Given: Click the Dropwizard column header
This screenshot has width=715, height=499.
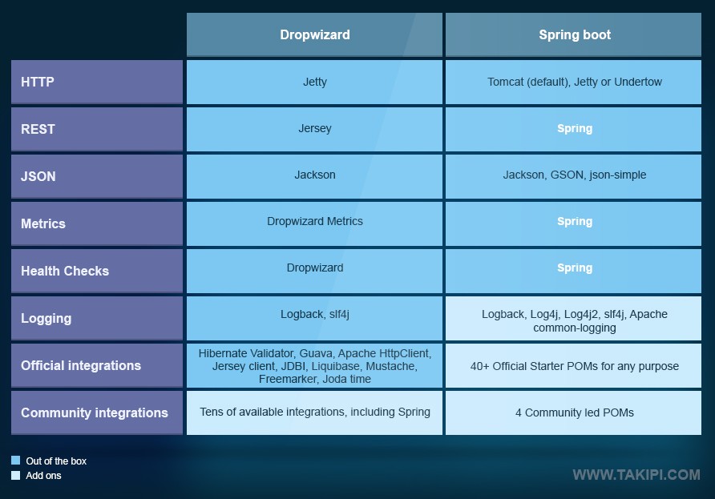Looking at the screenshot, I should [x=314, y=34].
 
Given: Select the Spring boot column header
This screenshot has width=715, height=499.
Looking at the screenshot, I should [x=574, y=34].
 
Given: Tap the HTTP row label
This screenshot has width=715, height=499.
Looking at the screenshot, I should [x=97, y=82].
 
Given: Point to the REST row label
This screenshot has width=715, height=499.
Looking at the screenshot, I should [x=97, y=129].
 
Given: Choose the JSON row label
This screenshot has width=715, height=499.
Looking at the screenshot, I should [x=97, y=176].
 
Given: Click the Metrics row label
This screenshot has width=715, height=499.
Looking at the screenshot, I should [x=97, y=223].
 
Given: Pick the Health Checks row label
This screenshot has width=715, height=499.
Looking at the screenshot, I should [x=97, y=271].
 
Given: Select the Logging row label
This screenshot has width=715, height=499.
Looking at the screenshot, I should [x=97, y=318].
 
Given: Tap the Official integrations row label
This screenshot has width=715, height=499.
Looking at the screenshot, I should [x=97, y=365].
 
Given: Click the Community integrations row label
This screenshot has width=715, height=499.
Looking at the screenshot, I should [x=97, y=412].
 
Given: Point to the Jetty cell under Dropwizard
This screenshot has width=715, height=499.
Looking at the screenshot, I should [x=314, y=82].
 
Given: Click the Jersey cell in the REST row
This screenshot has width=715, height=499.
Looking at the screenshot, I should [x=314, y=128].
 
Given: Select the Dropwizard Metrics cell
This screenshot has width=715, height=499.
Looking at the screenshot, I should [x=314, y=222].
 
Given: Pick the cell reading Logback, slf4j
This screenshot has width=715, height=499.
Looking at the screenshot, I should [x=314, y=315].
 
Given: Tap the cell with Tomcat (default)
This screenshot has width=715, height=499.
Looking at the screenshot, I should [x=574, y=82].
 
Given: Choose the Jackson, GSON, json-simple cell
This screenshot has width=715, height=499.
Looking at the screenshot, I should [x=574, y=175].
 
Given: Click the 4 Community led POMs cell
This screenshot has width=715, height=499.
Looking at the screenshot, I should [x=574, y=412].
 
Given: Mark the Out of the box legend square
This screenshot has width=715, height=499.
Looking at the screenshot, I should [x=16, y=461].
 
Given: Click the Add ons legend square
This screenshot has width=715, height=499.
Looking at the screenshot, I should [x=16, y=476].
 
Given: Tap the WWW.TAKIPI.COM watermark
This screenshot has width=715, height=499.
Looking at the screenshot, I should [x=636, y=475].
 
